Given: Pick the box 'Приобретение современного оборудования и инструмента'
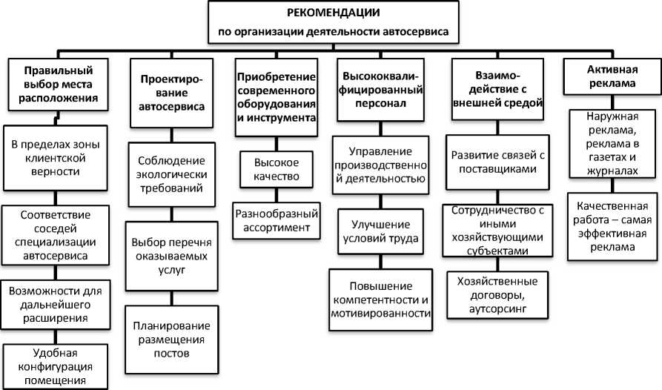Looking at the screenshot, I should coord(277,96).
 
